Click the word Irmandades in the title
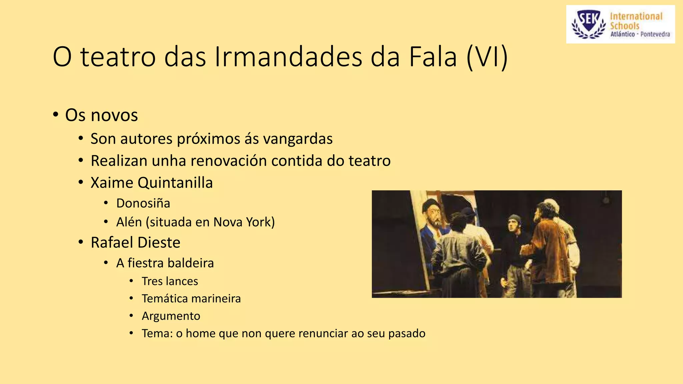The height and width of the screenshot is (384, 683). coord(288,57)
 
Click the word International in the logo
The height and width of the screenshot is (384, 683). coord(636,16)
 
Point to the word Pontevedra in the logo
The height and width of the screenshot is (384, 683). coord(655,34)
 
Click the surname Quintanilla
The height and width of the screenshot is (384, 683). coord(175,183)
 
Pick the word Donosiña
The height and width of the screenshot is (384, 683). coord(143,203)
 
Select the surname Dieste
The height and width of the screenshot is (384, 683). coord(159,242)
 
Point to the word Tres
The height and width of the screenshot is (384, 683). coord(152,281)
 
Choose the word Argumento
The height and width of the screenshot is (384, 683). coord(171,316)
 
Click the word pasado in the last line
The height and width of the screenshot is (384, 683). coord(407,333)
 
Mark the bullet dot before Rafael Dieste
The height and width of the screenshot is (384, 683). coord(81,242)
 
